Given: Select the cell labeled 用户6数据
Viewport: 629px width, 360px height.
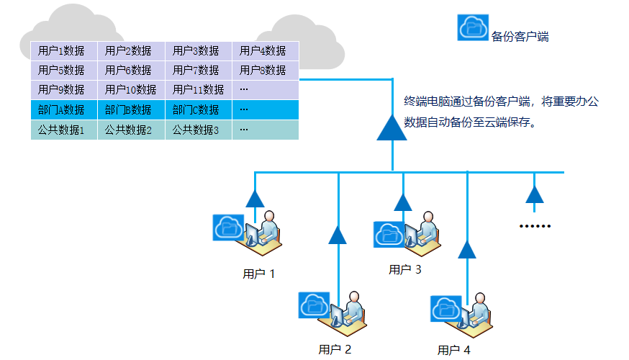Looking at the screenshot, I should [130, 71].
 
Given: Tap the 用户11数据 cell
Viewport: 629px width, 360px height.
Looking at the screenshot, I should [198, 90].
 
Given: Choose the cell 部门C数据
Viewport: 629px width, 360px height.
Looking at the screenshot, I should [198, 110].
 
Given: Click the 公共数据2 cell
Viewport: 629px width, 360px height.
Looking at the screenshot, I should [130, 130].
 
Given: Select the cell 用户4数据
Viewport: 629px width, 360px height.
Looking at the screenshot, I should [264, 51].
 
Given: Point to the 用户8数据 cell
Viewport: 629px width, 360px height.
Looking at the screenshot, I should [264, 71].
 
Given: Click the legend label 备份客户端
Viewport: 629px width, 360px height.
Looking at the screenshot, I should [520, 36].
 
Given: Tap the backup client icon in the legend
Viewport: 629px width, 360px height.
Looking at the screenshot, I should [474, 27].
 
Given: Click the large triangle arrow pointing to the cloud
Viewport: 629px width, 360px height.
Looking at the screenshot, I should [392, 127].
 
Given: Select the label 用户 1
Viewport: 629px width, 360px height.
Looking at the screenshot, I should [259, 274].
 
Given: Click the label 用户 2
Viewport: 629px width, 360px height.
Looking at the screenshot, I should [335, 350].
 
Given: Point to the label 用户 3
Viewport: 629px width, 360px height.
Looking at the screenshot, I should [404, 270].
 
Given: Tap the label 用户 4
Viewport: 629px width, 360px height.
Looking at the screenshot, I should [453, 351].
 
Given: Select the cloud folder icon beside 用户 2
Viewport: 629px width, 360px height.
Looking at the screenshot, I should [314, 305].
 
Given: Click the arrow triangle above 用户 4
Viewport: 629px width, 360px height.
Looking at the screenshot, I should [467, 249].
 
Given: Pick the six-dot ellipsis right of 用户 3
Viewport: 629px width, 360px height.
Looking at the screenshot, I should [535, 226].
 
